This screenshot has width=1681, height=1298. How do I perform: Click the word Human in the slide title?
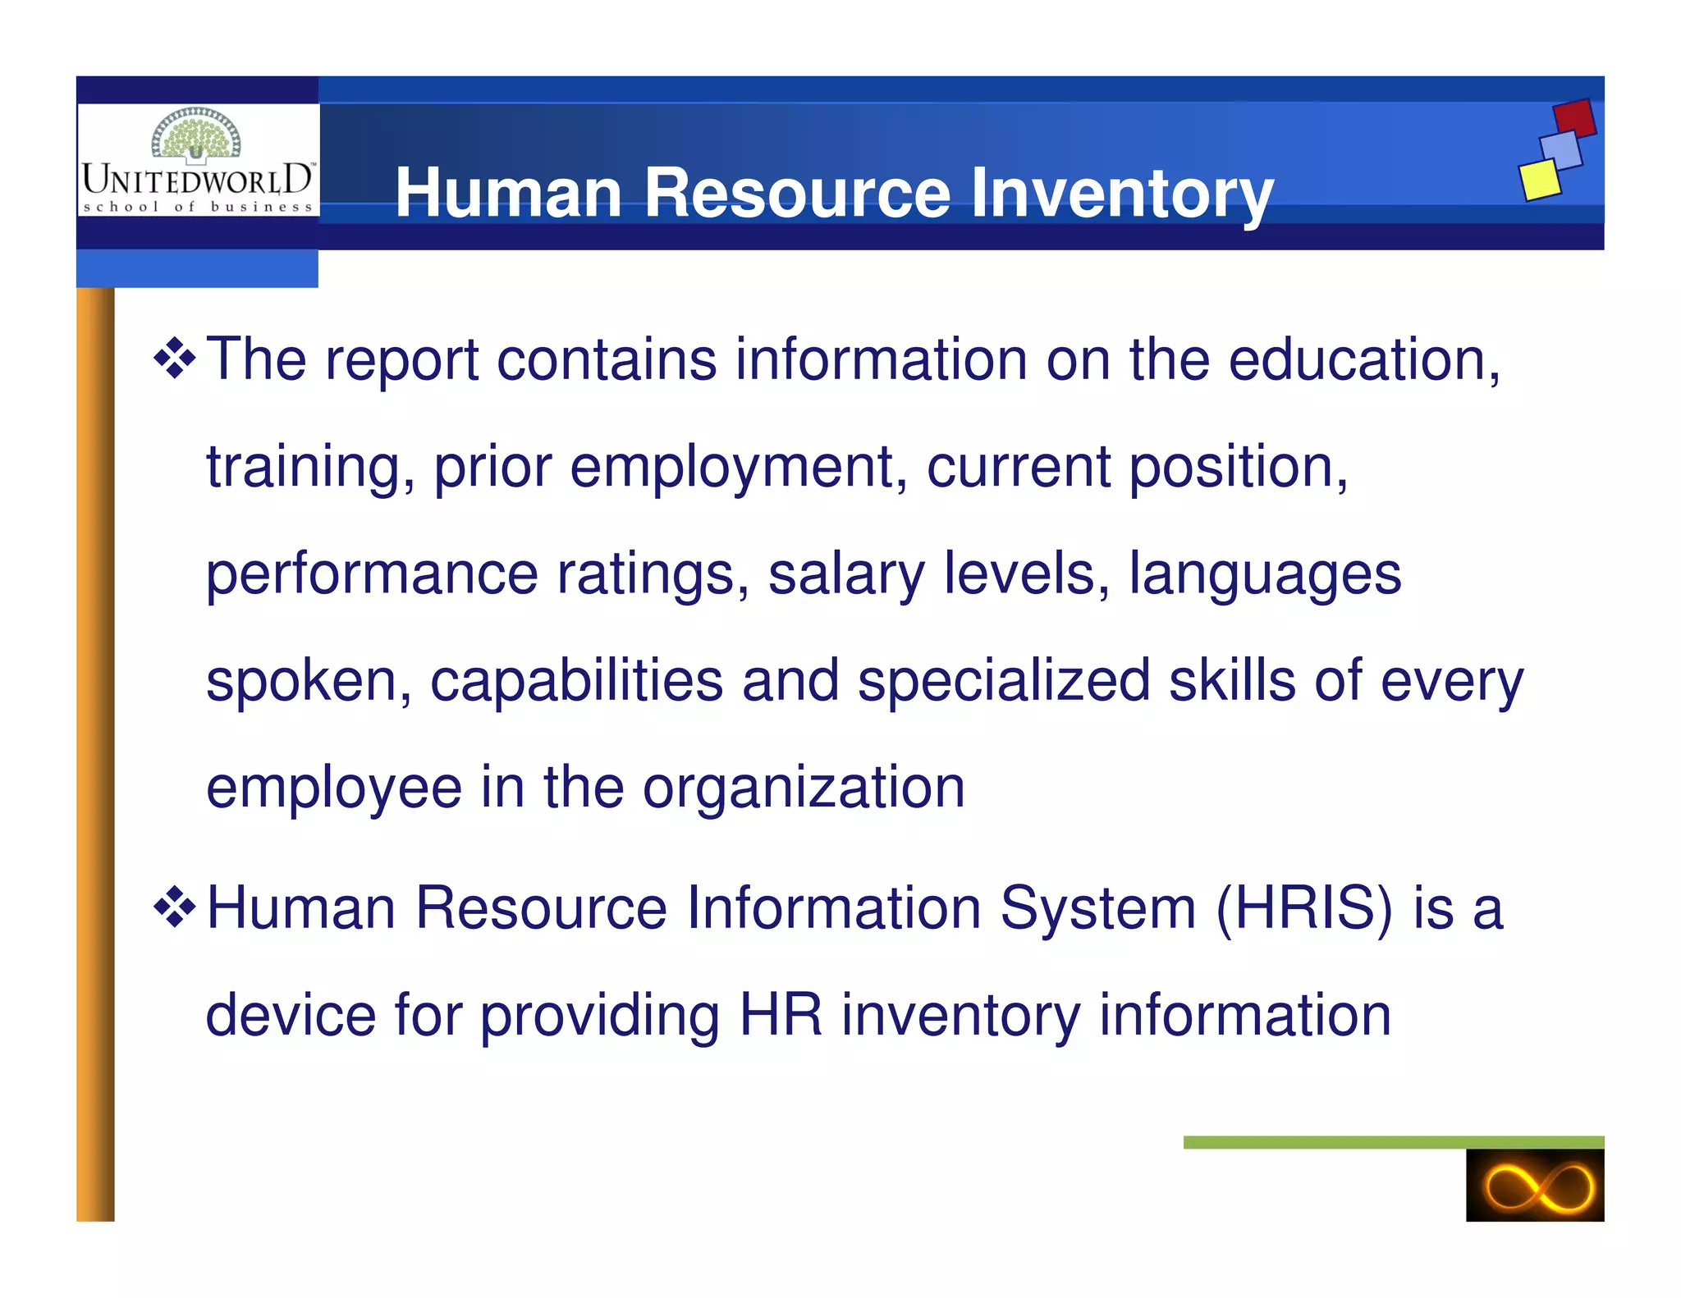(x=509, y=194)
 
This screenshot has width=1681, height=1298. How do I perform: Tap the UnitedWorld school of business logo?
(x=197, y=161)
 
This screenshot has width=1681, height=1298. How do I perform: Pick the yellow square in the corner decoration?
(x=1539, y=179)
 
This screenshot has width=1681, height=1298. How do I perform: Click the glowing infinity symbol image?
(x=1534, y=1185)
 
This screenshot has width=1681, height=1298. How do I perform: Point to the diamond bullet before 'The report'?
(x=175, y=358)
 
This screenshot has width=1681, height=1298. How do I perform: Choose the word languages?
(x=1265, y=574)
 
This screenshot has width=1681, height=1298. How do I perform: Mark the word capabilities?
(x=576, y=681)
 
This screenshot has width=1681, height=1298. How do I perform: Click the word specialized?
(x=1003, y=681)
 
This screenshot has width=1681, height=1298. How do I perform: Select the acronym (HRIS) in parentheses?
(x=1304, y=908)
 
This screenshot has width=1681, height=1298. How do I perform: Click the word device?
(x=290, y=1015)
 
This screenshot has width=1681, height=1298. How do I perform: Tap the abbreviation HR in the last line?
(x=781, y=1015)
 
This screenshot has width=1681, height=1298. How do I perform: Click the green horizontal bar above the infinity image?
(x=1393, y=1141)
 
